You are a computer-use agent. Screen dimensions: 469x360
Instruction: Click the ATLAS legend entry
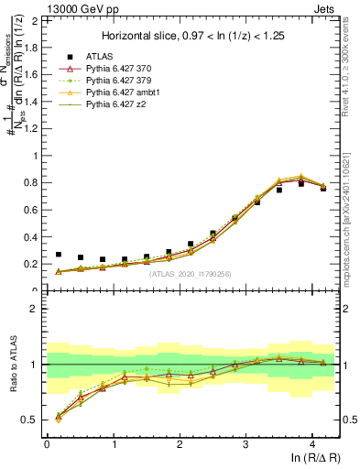click(103, 56)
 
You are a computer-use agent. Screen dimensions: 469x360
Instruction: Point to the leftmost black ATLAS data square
click(59, 255)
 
